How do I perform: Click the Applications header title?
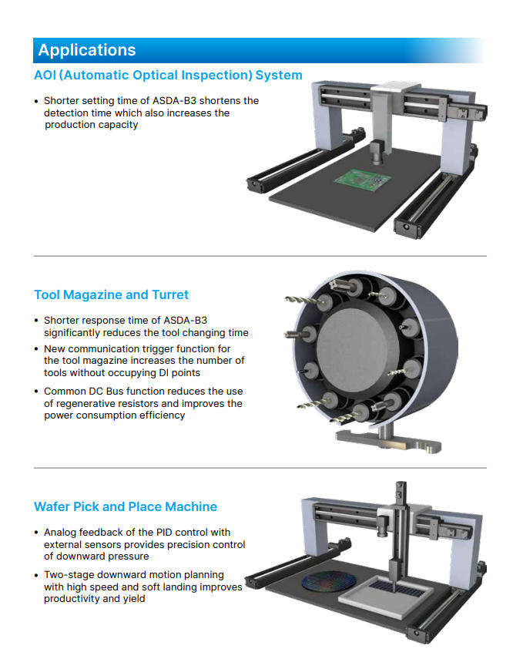(x=87, y=50)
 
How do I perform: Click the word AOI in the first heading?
(x=45, y=75)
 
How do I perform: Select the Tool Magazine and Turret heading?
(x=111, y=294)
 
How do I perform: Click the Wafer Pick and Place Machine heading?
(x=126, y=506)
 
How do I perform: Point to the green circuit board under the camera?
(x=363, y=180)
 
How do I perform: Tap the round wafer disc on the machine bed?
(x=329, y=580)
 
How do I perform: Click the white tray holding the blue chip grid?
(x=386, y=595)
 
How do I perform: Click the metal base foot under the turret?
(x=388, y=442)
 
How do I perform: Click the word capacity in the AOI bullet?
(x=118, y=125)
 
